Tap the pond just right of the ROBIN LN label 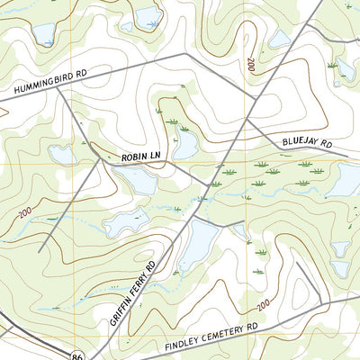[186, 144]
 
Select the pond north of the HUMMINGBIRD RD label [42, 34]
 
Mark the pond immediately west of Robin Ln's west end [63, 155]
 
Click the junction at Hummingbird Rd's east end [185, 54]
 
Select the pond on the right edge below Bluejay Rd [344, 180]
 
